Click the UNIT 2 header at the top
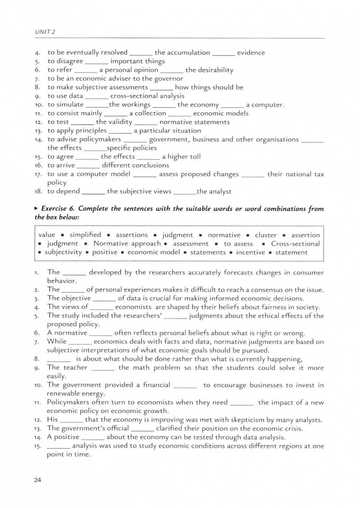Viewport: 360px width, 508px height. tap(46, 31)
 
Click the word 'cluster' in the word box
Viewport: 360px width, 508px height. tap(266, 235)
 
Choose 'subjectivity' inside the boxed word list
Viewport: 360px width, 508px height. tap(63, 252)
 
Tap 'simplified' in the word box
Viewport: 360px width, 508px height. tap(85, 235)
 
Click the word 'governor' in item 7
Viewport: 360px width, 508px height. tap(169, 78)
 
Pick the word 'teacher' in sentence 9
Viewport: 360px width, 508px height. tap(75, 367)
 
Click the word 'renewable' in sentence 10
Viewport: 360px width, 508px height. tap(69, 394)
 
